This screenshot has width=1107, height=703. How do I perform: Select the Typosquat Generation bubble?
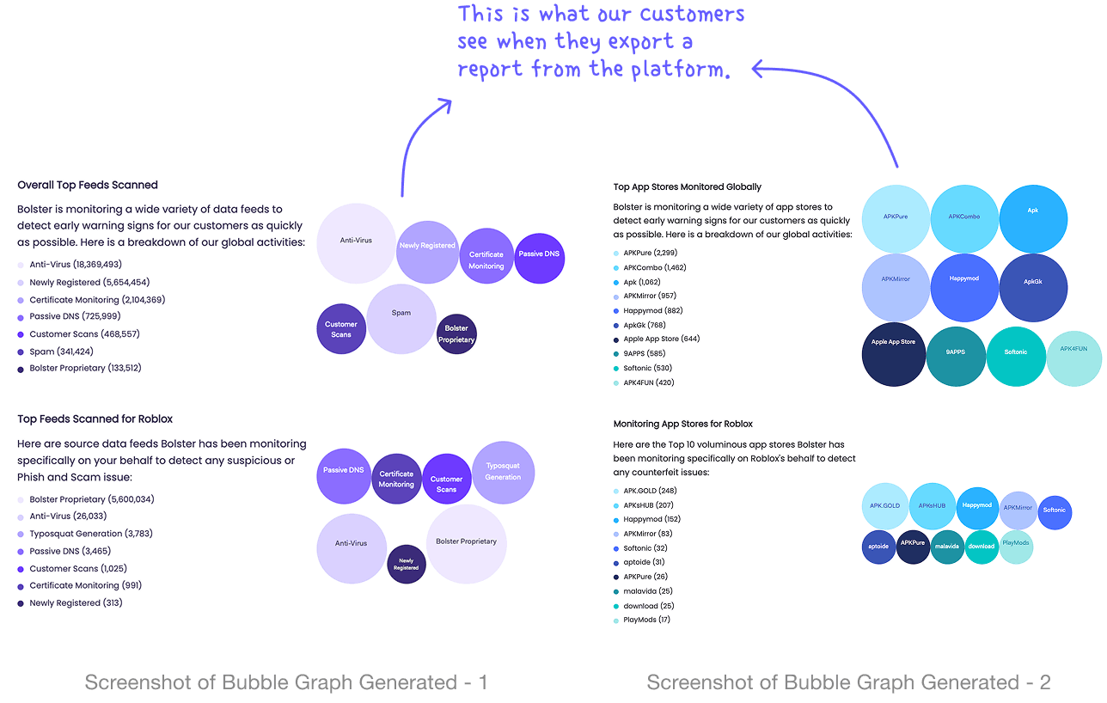[x=503, y=472]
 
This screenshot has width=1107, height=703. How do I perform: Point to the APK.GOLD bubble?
[x=884, y=506]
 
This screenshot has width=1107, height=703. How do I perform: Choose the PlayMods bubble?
[x=1015, y=545]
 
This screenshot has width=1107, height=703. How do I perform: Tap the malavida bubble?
[x=947, y=547]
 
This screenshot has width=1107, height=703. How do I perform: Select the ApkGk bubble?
[x=1032, y=288]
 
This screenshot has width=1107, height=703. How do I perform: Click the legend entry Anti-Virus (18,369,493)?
[x=76, y=265]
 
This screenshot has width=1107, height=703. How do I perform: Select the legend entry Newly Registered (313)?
[x=76, y=603]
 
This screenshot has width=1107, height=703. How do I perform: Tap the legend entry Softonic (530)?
[x=649, y=369]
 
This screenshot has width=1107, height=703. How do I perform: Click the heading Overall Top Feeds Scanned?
[x=88, y=185]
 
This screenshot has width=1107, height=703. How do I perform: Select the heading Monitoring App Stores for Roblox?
[x=683, y=424]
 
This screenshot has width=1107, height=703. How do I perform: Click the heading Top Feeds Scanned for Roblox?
[x=95, y=419]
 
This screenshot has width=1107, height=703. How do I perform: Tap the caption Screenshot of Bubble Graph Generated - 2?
[x=848, y=682]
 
